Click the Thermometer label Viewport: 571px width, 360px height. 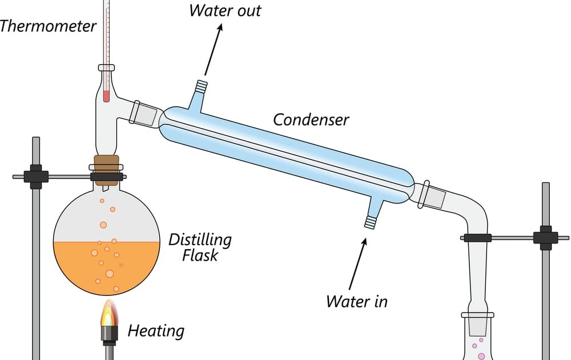click(x=48, y=26)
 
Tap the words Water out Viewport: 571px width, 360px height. click(x=225, y=10)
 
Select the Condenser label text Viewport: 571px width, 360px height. click(x=311, y=119)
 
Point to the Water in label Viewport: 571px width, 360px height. click(x=356, y=301)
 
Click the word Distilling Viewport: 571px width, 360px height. click(x=200, y=240)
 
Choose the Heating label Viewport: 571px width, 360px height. click(x=156, y=331)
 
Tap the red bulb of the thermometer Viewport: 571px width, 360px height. click(x=106, y=95)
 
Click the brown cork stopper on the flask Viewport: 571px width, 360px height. click(x=106, y=163)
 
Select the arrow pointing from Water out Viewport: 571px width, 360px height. click(x=213, y=50)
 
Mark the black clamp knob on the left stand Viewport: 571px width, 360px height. click(x=35, y=177)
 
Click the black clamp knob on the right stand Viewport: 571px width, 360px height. click(x=545, y=238)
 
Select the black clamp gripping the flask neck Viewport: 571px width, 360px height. click(x=106, y=177)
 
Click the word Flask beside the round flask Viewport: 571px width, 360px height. click(x=200, y=255)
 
